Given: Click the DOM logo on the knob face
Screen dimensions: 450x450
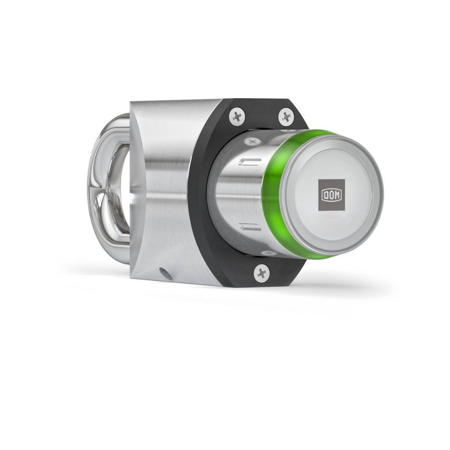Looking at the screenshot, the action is [x=332, y=195].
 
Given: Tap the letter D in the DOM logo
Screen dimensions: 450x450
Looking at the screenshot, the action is [x=325, y=195].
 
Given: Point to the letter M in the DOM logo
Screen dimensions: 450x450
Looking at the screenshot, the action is [x=337, y=195].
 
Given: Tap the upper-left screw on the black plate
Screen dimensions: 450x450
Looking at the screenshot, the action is [x=237, y=116].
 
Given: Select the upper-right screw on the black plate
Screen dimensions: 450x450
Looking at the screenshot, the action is [x=286, y=116].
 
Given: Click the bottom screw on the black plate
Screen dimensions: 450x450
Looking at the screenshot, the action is [x=261, y=273].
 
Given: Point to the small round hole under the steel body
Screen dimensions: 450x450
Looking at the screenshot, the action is [x=166, y=273].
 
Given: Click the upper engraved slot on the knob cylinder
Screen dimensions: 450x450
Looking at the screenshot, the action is [x=250, y=162].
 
